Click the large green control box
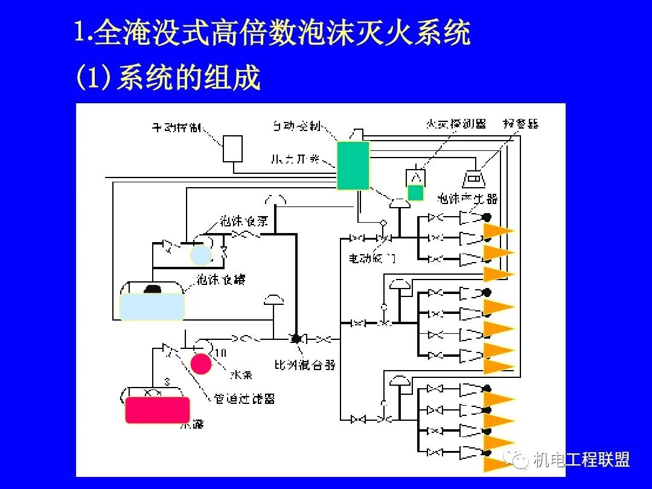click(x=352, y=165)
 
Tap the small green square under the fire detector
click(x=415, y=193)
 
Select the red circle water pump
click(x=201, y=363)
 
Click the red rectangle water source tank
click(x=157, y=410)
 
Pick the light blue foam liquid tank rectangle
click(x=152, y=306)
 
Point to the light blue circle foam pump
click(x=201, y=255)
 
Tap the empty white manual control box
click(x=232, y=149)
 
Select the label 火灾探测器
click(x=455, y=124)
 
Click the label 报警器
click(x=520, y=124)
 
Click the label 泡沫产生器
click(x=467, y=199)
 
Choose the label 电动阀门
click(x=371, y=258)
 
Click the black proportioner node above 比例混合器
click(x=296, y=339)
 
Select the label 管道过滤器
click(x=245, y=399)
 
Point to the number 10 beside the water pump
click(x=220, y=353)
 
